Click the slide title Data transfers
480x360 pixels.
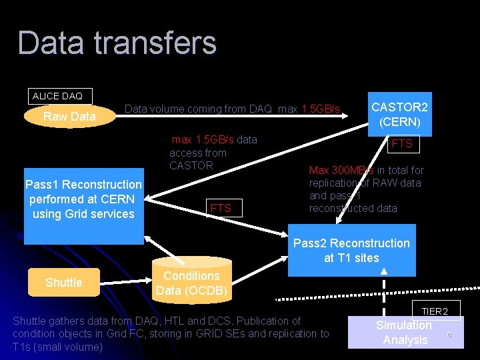117,43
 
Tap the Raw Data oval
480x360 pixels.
69,117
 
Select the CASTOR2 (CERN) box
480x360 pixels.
399,114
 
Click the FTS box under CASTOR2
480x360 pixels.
401,144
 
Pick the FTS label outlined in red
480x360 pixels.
221,208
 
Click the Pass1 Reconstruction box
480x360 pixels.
83,199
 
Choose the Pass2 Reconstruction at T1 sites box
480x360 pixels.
351,251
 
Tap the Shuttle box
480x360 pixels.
63,283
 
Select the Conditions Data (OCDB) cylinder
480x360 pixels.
191,283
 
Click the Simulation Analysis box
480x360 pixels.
404,332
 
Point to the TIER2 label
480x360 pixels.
435,311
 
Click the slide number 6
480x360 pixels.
449,335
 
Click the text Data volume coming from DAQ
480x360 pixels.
198,109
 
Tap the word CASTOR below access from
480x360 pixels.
191,165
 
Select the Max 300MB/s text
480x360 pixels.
341,170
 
